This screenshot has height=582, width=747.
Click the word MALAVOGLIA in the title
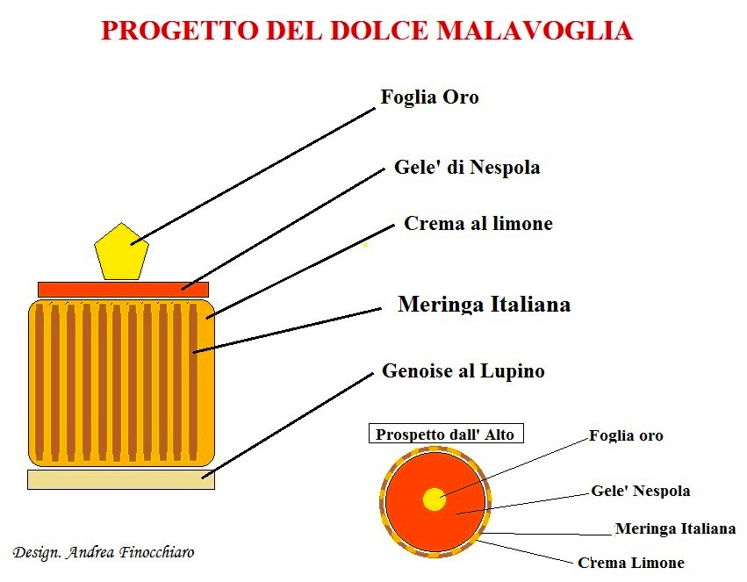[535, 31]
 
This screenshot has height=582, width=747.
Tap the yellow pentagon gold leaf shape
[121, 252]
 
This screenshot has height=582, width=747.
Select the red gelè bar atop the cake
[124, 289]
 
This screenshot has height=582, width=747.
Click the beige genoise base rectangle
[121, 479]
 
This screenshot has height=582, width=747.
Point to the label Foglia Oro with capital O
[430, 97]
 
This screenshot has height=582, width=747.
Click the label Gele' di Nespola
[467, 168]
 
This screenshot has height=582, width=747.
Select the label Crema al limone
[478, 223]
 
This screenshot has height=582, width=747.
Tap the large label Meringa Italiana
[485, 305]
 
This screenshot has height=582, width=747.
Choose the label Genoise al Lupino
[463, 371]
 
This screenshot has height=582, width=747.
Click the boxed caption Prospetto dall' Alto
[446, 434]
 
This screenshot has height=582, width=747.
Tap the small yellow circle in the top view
[434, 499]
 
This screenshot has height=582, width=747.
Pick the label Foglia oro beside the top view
[626, 435]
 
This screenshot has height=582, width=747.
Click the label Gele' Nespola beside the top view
[640, 491]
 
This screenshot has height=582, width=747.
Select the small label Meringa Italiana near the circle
[676, 528]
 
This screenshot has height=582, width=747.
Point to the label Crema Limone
[631, 563]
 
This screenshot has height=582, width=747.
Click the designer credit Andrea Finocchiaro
[131, 552]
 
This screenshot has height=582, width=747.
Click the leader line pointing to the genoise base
[288, 426]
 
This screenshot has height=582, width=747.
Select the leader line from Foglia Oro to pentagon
[253, 176]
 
